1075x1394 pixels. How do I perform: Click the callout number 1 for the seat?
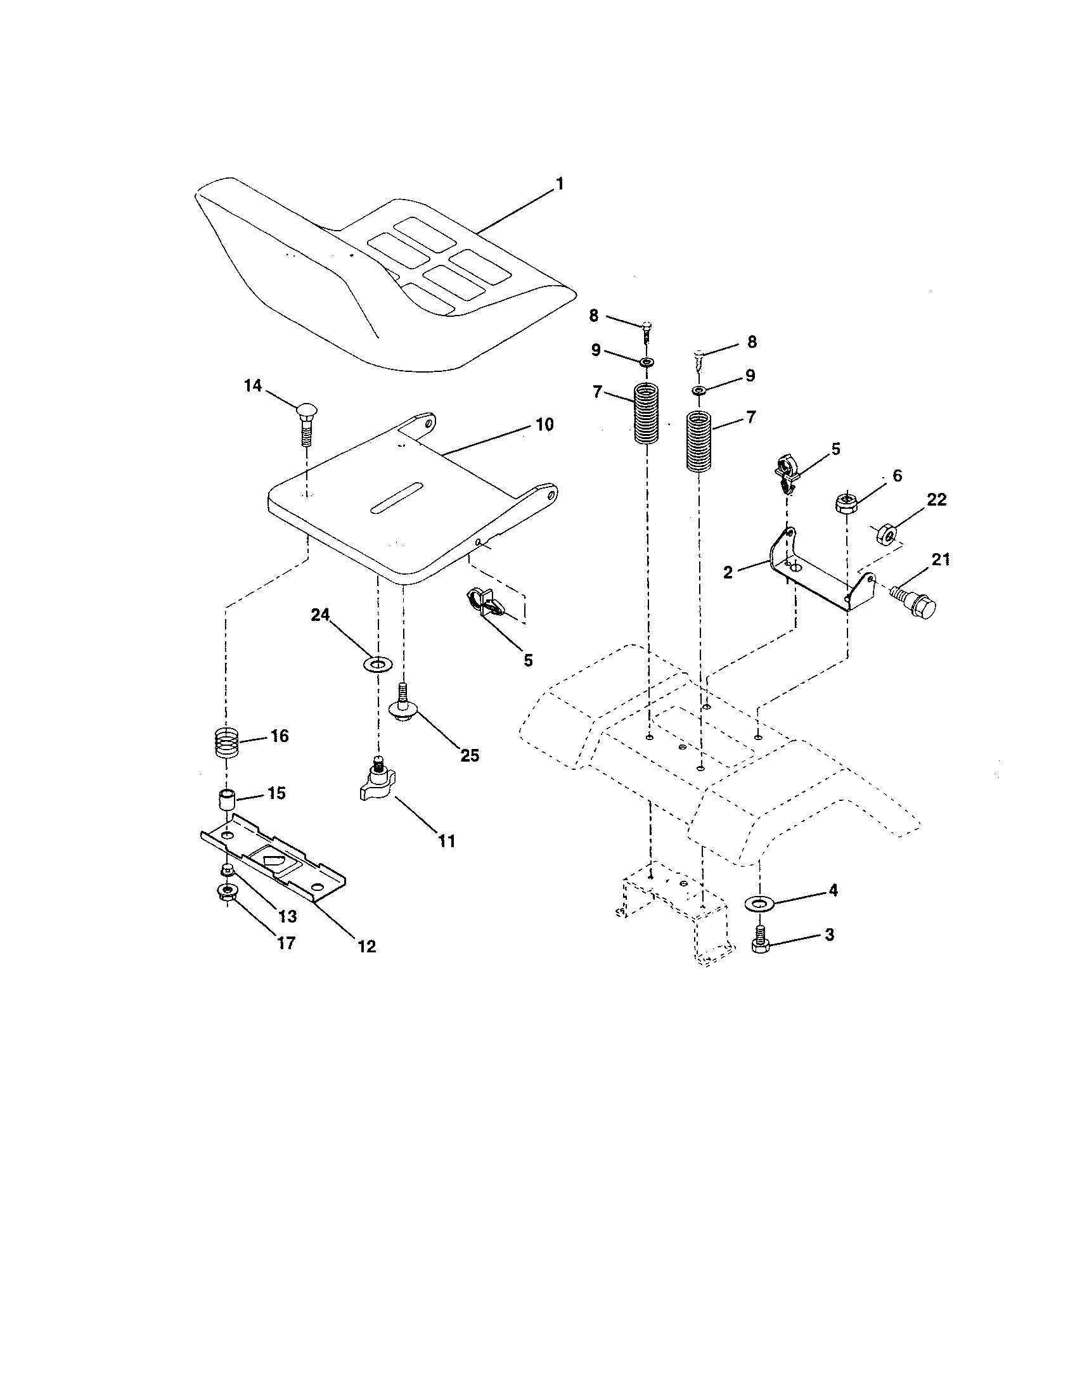(559, 184)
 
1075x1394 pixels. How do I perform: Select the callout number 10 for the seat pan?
(544, 425)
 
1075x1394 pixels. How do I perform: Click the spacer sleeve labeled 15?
(226, 800)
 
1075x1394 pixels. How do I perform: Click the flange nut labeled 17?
(226, 892)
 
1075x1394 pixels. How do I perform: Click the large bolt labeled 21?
(913, 599)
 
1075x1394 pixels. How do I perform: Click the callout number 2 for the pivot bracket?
(728, 572)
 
